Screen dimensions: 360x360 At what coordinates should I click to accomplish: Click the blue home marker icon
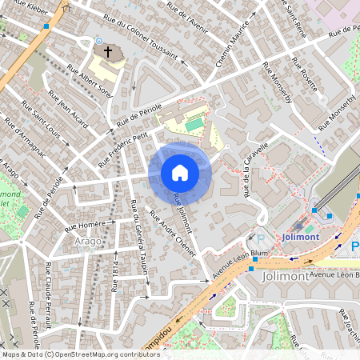pos(180,172)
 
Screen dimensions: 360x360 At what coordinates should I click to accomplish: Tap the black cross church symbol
pos(104,52)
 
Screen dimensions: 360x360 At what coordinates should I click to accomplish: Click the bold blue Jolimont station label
pos(301,237)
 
